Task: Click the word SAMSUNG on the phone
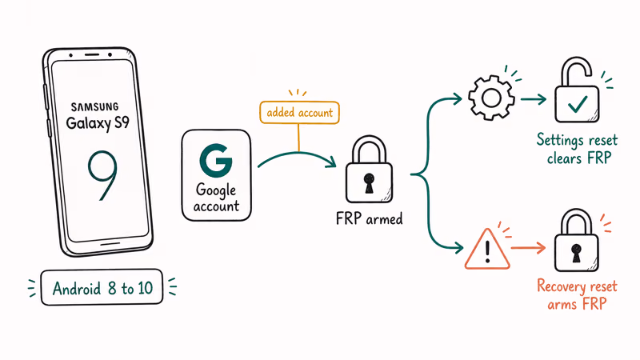coord(94,106)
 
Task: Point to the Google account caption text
coord(217,198)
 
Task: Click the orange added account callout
coord(299,114)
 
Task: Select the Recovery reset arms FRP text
coord(576,293)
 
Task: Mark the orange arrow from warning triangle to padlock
coord(530,249)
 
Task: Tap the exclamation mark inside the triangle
coord(488,250)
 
